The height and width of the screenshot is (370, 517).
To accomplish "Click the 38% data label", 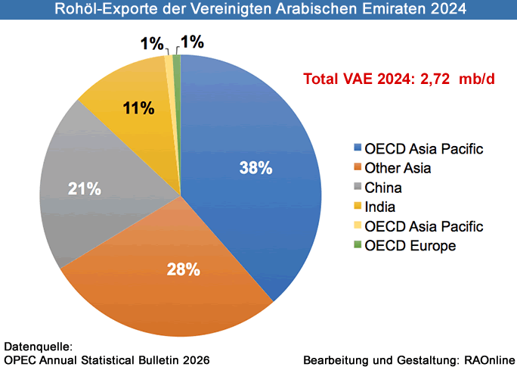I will [x=255, y=168].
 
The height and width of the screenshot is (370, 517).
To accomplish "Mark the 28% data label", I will [x=184, y=268].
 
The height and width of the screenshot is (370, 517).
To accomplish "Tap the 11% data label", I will [x=138, y=108].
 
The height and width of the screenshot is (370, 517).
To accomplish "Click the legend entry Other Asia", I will [x=397, y=168].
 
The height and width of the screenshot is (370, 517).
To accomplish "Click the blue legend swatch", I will [x=357, y=148].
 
